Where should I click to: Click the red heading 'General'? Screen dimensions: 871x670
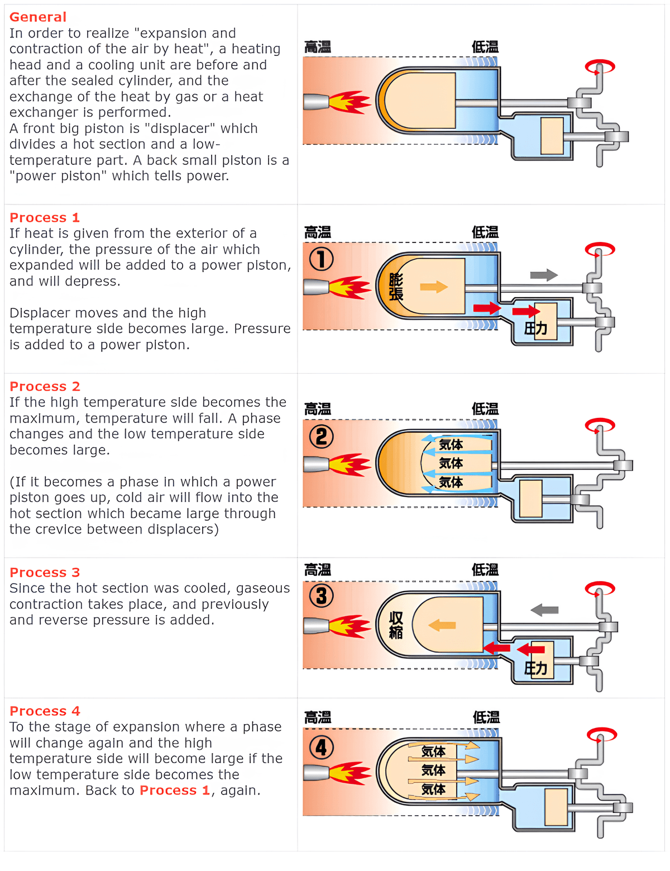pyautogui.click(x=38, y=17)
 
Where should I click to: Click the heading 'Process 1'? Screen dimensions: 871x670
pyautogui.click(x=45, y=217)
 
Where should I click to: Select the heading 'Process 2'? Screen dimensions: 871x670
pyautogui.click(x=45, y=386)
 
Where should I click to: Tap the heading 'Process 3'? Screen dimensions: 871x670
pyautogui.click(x=45, y=572)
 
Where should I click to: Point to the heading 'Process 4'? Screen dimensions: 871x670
pyautogui.click(x=45, y=711)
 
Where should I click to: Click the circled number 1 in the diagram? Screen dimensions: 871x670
pyautogui.click(x=322, y=259)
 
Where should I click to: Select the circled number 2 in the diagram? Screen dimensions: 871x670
pyautogui.click(x=322, y=436)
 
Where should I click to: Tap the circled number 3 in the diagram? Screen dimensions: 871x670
pyautogui.click(x=322, y=596)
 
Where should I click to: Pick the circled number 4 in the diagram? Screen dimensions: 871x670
pyautogui.click(x=322, y=747)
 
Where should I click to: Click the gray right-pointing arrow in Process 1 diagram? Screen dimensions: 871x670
pyautogui.click(x=543, y=275)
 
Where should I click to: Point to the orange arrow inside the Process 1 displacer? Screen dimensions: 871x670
pyautogui.click(x=434, y=287)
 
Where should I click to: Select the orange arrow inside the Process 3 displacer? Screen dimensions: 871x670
pyautogui.click(x=443, y=625)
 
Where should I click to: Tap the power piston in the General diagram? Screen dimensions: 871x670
pyautogui.click(x=552, y=136)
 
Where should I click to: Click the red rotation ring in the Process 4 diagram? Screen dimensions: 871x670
pyautogui.click(x=602, y=735)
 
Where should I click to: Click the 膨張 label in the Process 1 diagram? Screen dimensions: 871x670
pyautogui.click(x=396, y=287)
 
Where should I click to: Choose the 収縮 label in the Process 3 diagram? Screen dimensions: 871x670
pyautogui.click(x=396, y=625)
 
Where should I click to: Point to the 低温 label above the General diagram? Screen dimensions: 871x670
pyautogui.click(x=485, y=47)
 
